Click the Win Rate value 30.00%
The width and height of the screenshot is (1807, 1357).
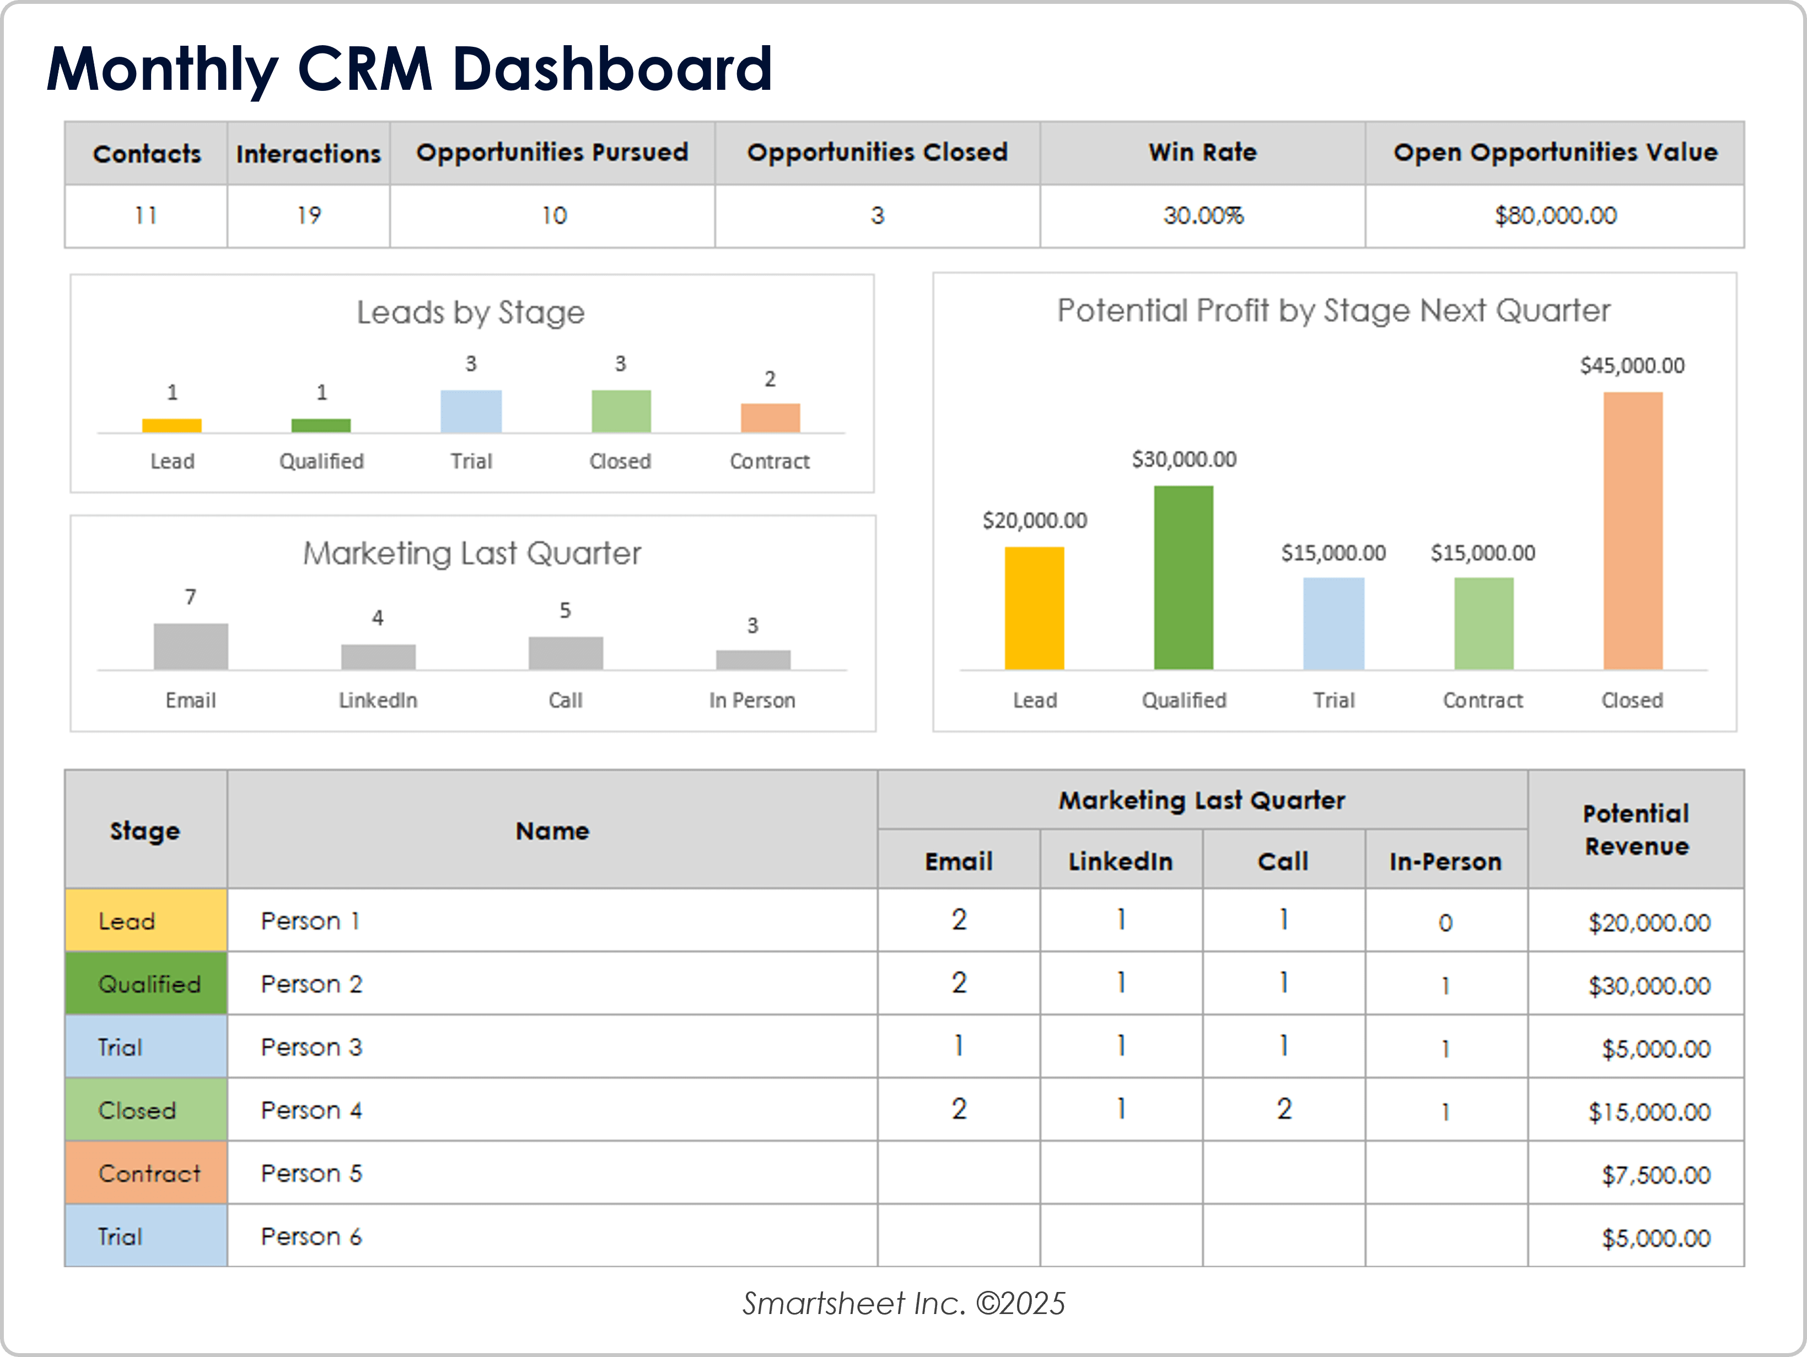click(x=1202, y=215)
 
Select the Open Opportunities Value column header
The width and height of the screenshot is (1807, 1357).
click(x=1555, y=153)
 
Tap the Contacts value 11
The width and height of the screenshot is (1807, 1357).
click(x=146, y=215)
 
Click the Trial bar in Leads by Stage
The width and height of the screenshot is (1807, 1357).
click(x=471, y=412)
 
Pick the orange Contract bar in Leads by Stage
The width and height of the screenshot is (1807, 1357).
click(x=770, y=418)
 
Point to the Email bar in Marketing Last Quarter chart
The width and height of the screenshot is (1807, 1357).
click(x=190, y=647)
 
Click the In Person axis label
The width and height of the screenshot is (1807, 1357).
click(x=751, y=701)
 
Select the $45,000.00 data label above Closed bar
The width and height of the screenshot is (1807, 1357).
click(x=1631, y=366)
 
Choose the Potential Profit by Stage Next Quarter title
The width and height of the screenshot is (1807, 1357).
click(x=1333, y=311)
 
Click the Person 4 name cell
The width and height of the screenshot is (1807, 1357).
click(x=311, y=1110)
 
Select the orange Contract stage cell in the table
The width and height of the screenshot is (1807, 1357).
click(x=146, y=1174)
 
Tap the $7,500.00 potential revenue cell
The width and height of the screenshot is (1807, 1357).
click(x=1655, y=1175)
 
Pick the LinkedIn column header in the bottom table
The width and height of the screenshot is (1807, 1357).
click(x=1120, y=861)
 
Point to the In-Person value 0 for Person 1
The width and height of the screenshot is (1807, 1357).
click(x=1445, y=923)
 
